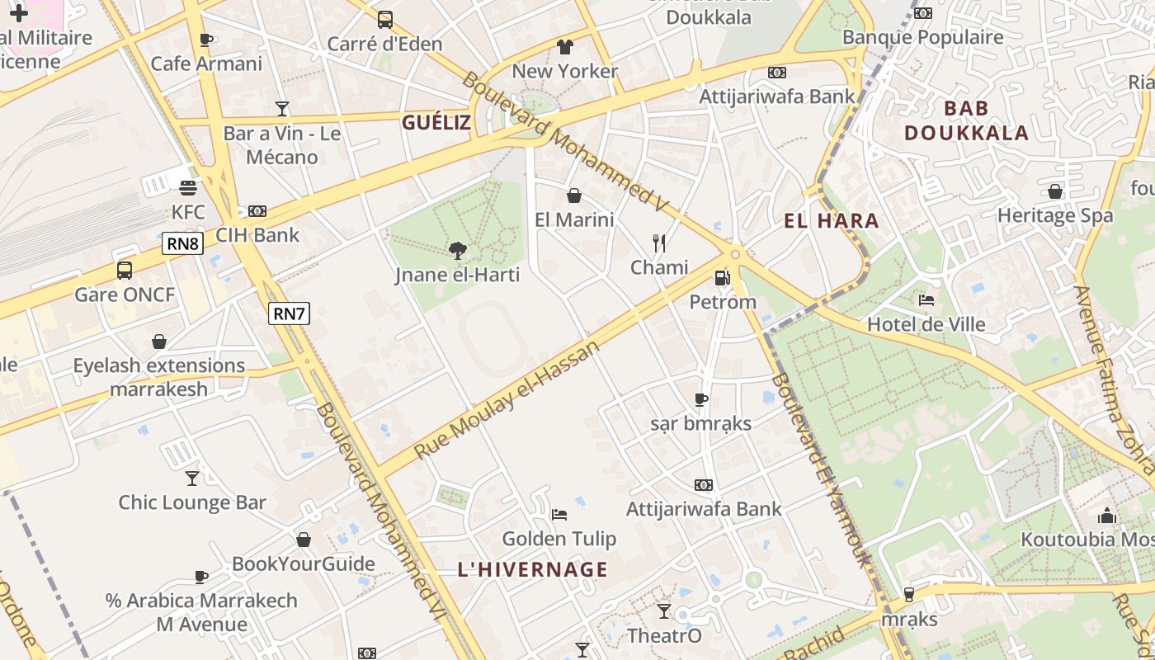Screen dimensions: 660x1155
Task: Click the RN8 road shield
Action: pos(182,243)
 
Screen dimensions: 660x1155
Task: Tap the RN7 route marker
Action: pos(289,313)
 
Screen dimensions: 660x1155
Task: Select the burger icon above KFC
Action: pos(188,187)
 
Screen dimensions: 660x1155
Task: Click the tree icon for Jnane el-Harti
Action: pos(457,250)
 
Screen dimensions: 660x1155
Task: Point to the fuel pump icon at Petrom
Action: pos(722,278)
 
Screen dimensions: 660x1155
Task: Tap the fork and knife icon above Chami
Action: pos(658,243)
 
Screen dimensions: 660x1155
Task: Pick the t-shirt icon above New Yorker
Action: pos(564,46)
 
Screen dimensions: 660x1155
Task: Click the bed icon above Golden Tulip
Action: pos(559,515)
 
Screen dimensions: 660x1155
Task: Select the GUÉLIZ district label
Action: pos(436,123)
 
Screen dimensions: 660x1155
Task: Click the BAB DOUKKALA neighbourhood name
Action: pos(966,120)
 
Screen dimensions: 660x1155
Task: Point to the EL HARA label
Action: pos(831,221)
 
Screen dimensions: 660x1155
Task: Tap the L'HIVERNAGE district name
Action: pos(533,569)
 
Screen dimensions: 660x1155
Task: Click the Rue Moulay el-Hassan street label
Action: pos(507,400)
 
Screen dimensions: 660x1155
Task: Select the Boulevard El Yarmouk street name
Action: pos(822,470)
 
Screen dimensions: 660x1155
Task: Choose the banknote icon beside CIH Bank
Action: pos(257,211)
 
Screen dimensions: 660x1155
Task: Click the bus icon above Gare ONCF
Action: pos(125,270)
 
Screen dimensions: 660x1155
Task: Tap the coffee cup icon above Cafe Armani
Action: pos(206,40)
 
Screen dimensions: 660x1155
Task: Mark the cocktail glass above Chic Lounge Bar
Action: pos(192,478)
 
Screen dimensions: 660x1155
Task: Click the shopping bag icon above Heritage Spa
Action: pos(1054,191)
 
